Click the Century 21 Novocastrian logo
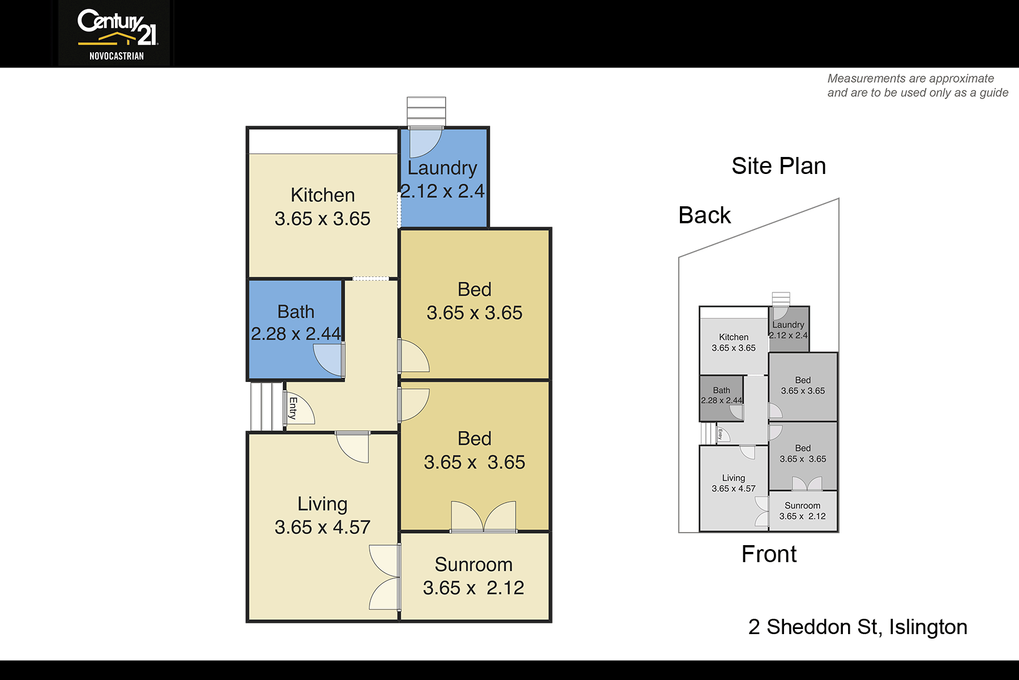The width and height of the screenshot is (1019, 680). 117,34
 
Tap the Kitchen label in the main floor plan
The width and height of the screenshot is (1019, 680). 323,195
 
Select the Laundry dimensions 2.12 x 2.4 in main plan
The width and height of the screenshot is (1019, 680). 443,192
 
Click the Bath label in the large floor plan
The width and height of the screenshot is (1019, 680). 296,312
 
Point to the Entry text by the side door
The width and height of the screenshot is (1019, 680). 293,408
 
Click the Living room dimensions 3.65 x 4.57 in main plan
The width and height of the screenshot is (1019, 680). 323,528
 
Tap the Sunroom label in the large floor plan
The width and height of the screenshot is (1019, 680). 474,564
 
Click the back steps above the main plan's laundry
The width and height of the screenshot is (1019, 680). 426,112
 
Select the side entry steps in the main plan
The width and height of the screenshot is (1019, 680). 267,406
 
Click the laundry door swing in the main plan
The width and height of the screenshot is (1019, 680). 425,142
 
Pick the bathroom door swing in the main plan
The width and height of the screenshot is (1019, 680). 329,360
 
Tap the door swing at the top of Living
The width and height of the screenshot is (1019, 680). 353,447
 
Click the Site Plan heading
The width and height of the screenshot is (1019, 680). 779,166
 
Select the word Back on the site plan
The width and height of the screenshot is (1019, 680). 705,215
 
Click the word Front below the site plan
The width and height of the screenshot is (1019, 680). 769,554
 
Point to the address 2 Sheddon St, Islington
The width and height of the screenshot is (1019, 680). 858,627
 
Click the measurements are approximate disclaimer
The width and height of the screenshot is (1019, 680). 918,86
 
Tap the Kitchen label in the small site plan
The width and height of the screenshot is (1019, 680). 734,337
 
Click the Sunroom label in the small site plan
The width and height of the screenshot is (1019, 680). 802,505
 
